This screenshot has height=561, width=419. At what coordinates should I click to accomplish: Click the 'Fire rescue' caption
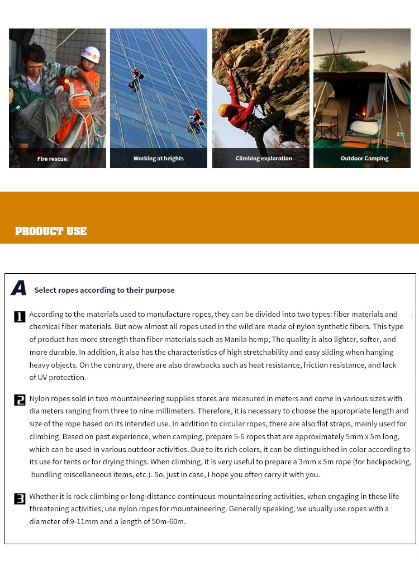coord(52,159)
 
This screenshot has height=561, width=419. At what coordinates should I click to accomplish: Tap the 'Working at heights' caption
coord(158,158)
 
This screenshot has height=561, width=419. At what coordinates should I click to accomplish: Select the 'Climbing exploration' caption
coord(264,158)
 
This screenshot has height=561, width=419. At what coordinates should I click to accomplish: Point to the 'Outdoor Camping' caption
coord(364,158)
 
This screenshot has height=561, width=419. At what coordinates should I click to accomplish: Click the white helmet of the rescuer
coord(90,54)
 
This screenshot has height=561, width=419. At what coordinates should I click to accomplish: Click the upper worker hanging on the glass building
coord(135,79)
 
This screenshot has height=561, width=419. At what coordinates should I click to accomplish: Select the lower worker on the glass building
coord(196,120)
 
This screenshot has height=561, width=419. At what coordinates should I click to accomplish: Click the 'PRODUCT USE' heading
coord(51,231)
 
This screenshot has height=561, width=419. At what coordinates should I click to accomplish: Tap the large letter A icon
coord(18,288)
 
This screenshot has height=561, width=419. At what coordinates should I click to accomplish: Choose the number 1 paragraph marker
coord(20,317)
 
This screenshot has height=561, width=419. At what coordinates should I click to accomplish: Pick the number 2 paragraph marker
coord(20,400)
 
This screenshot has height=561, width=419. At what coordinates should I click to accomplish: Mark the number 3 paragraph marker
coord(20,498)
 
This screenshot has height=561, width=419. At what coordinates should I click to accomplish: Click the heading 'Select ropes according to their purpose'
coord(104,290)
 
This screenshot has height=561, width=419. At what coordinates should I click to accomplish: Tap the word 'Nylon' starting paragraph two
coord(39,398)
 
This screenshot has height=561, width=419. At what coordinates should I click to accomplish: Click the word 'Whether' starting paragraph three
coord(44,496)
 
